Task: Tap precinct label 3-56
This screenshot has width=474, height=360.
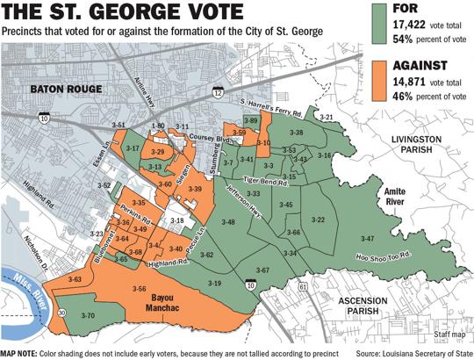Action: [138, 288]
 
